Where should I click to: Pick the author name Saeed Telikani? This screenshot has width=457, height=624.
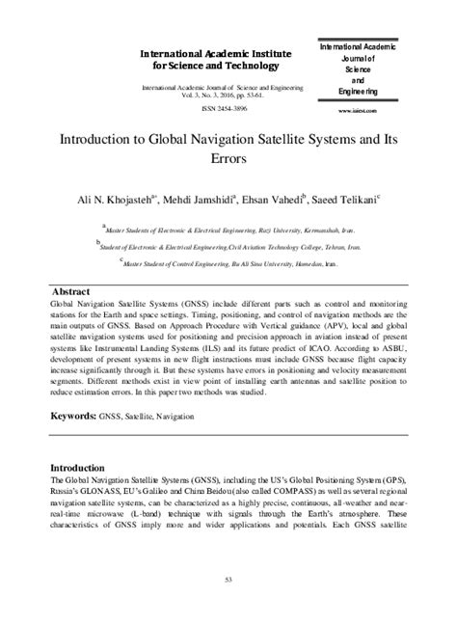[x=343, y=198]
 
